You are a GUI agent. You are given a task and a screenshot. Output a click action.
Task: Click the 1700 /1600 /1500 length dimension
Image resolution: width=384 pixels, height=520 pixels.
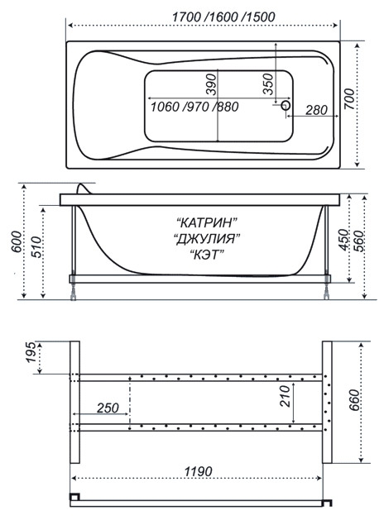[x=223, y=17]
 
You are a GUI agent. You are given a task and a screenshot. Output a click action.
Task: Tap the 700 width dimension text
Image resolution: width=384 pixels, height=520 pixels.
[x=348, y=99]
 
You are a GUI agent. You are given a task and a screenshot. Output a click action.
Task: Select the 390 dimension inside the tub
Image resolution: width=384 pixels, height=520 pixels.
[x=211, y=84]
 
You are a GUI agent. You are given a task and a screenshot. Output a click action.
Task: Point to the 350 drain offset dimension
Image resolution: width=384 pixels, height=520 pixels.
[x=267, y=83]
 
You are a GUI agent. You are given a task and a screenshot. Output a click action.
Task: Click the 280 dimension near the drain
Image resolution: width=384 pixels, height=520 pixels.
[x=316, y=110]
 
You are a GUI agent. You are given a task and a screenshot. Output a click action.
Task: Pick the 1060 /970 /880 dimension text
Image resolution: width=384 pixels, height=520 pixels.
[x=194, y=107]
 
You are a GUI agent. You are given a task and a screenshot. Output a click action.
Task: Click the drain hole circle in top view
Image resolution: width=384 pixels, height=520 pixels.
[x=286, y=106]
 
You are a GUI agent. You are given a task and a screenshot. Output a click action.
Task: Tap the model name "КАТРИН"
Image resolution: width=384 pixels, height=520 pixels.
[x=207, y=222]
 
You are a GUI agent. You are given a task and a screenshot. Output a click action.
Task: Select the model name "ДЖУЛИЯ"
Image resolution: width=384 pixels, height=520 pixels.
[x=207, y=238]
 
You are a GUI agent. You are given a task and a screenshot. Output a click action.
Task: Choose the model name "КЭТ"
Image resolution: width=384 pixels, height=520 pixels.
[x=207, y=255]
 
